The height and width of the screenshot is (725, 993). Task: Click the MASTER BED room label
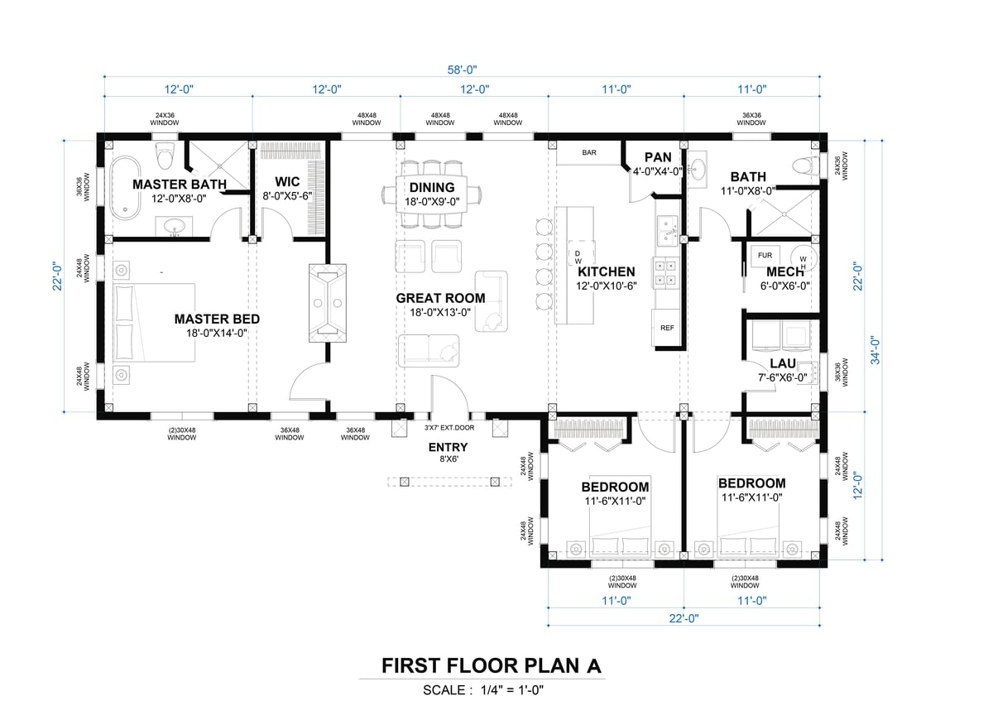pyautogui.click(x=217, y=319)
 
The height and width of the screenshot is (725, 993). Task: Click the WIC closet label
pyautogui.click(x=287, y=182)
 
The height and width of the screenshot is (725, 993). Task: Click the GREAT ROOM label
pyautogui.click(x=440, y=298)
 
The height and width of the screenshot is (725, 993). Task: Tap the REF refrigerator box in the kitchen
pyautogui.click(x=667, y=328)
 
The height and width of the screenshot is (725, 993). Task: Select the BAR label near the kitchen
pyautogui.click(x=589, y=153)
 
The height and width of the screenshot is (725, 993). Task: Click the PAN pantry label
pyautogui.click(x=658, y=157)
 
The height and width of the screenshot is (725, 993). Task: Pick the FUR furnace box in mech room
pyautogui.click(x=765, y=256)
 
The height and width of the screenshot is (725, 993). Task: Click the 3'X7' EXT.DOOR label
pyautogui.click(x=449, y=429)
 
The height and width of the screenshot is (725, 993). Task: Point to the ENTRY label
pyautogui.click(x=448, y=447)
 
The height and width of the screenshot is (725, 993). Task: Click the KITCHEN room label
pyautogui.click(x=607, y=271)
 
